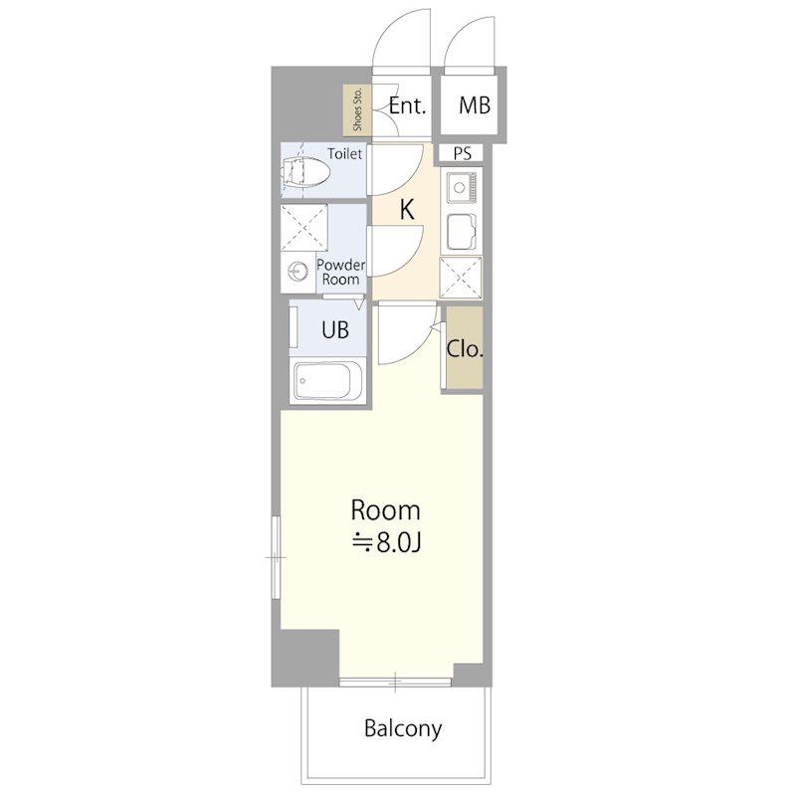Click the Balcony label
click(x=403, y=729)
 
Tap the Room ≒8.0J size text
click(x=386, y=542)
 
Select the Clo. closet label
click(x=465, y=349)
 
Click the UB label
click(x=335, y=330)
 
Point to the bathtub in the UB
click(x=328, y=381)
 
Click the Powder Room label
click(x=340, y=272)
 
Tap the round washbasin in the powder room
click(x=298, y=272)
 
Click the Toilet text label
click(x=344, y=153)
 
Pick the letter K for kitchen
click(x=407, y=209)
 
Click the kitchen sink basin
click(x=462, y=230)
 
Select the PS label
click(x=462, y=153)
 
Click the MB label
click(x=475, y=105)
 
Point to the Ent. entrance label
click(x=407, y=105)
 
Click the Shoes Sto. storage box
click(x=357, y=109)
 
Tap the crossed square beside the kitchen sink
click(x=461, y=278)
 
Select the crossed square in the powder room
click(x=304, y=227)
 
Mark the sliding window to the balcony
click(x=395, y=683)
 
